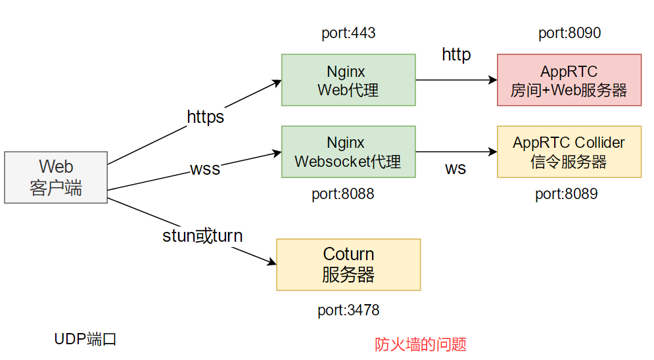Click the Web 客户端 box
[x=56, y=177]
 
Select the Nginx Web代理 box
[x=348, y=80]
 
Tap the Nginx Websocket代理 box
[x=348, y=152]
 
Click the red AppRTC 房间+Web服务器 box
[x=569, y=80]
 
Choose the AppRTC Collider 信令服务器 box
[x=569, y=152]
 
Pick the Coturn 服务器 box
[x=348, y=265]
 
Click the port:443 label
[x=348, y=33]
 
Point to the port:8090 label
[x=569, y=33]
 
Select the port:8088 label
[x=342, y=194]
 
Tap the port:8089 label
[x=566, y=194]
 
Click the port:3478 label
[x=348, y=310]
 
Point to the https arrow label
[x=206, y=117]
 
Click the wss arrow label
[x=205, y=169]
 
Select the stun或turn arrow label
[x=202, y=236]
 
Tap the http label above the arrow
[x=456, y=55]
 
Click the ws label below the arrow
[x=455, y=169]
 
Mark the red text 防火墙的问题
[x=421, y=344]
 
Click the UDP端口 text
[x=85, y=339]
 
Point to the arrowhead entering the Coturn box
[x=272, y=263]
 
